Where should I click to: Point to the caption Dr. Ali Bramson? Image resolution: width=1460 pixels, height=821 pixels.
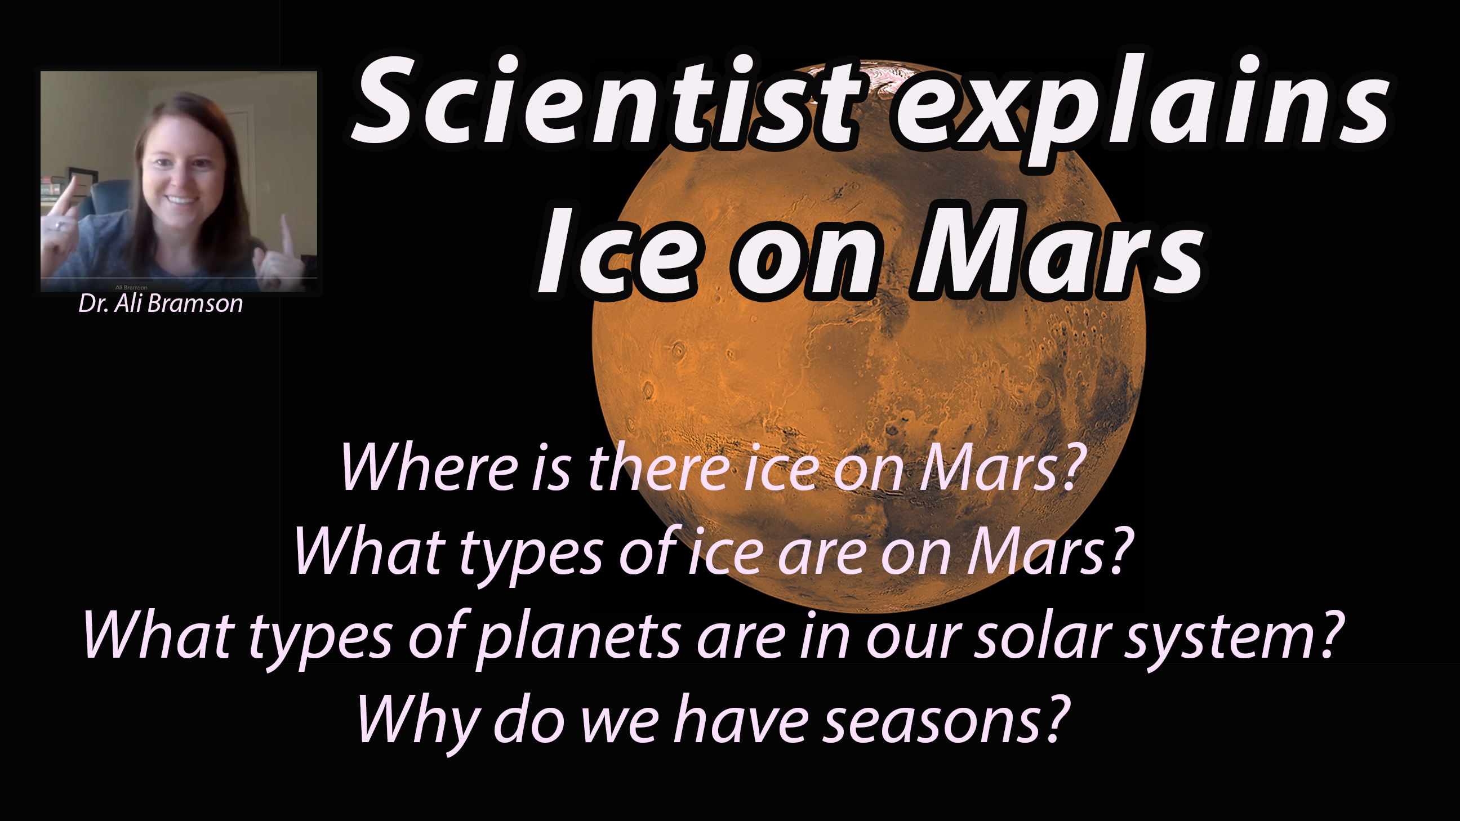[161, 304]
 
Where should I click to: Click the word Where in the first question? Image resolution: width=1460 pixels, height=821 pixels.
[429, 467]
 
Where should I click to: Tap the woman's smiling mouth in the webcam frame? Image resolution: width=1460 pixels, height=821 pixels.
[181, 200]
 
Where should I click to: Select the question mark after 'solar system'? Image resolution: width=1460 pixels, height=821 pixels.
[1330, 635]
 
